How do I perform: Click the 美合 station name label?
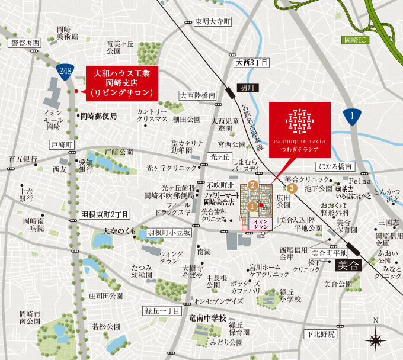pos(347,265)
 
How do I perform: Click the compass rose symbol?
pos(375,340)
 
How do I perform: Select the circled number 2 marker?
pos(253,185)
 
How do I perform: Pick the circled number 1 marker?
pos(252,207)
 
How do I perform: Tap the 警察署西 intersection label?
pos(24,43)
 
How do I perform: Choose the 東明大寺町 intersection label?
pos(213,21)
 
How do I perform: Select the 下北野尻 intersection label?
pos(320,335)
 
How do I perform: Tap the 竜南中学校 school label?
pos(207,319)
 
